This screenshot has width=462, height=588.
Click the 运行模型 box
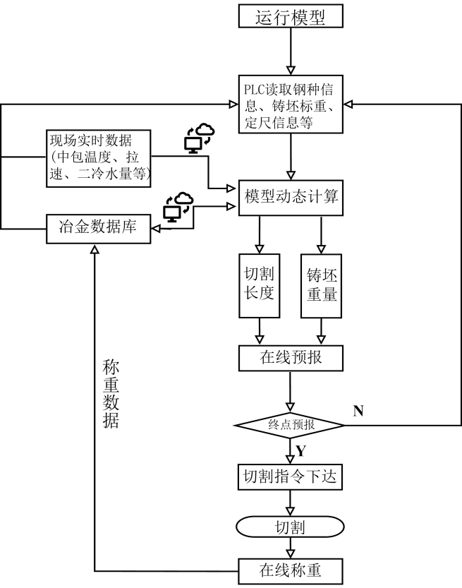pyautogui.click(x=290, y=16)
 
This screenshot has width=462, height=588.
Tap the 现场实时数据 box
pyautogui.click(x=99, y=157)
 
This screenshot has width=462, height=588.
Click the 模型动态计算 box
pyautogui.click(x=290, y=196)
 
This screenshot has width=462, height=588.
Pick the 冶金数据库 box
pyautogui.click(x=99, y=228)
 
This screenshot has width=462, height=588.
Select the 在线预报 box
pyautogui.click(x=290, y=358)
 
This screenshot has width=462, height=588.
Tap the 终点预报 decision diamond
pyautogui.click(x=290, y=426)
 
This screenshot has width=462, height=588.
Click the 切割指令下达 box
pyautogui.click(x=290, y=478)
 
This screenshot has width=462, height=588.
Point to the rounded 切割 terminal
pyautogui.click(x=290, y=527)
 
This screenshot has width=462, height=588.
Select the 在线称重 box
pyautogui.click(x=290, y=569)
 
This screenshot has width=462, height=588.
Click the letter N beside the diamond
pyautogui.click(x=358, y=411)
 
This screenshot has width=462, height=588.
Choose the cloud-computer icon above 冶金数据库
pyautogui.click(x=177, y=205)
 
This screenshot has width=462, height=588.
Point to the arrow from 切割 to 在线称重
pyautogui.click(x=290, y=549)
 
